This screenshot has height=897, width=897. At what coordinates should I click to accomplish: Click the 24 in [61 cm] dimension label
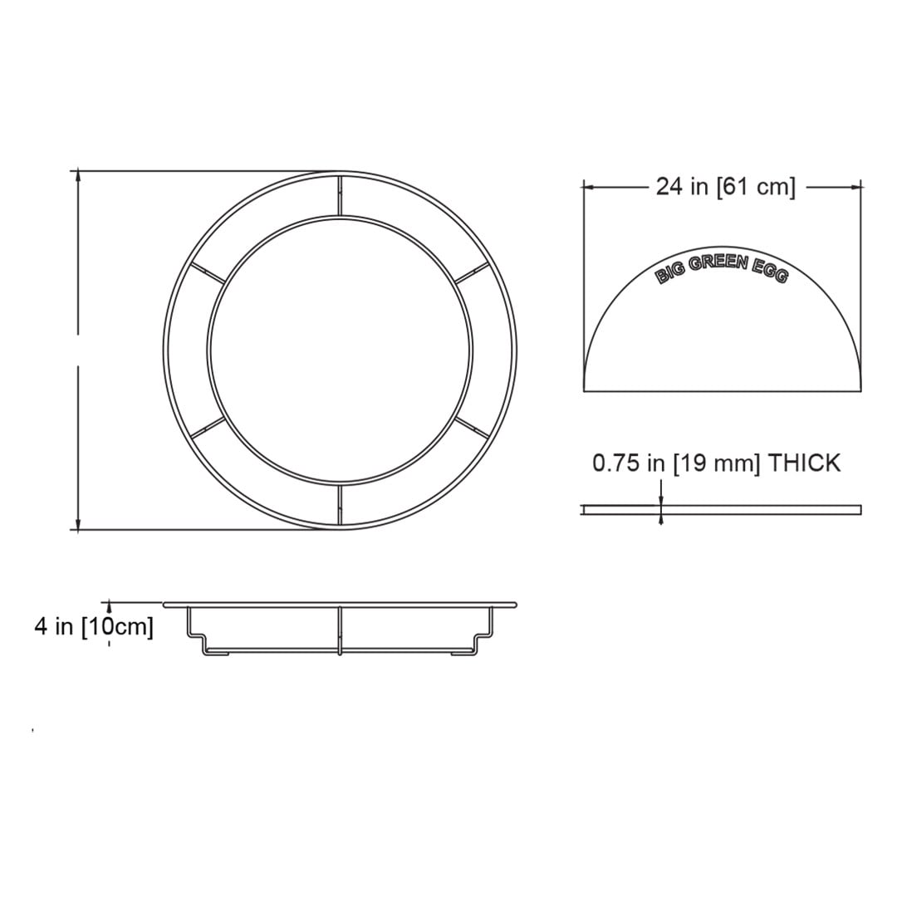point(725,187)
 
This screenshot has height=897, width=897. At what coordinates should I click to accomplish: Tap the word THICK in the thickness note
point(804,463)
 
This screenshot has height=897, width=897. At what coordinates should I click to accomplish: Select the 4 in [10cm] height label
point(94,626)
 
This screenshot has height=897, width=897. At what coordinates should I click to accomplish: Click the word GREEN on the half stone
point(718,264)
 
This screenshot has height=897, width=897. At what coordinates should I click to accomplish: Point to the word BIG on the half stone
point(670,274)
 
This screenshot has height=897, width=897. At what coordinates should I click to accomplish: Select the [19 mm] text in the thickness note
point(717,463)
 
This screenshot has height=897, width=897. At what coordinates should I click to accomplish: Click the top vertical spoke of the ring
point(340,195)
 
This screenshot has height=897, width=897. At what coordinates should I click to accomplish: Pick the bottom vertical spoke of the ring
point(340,506)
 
